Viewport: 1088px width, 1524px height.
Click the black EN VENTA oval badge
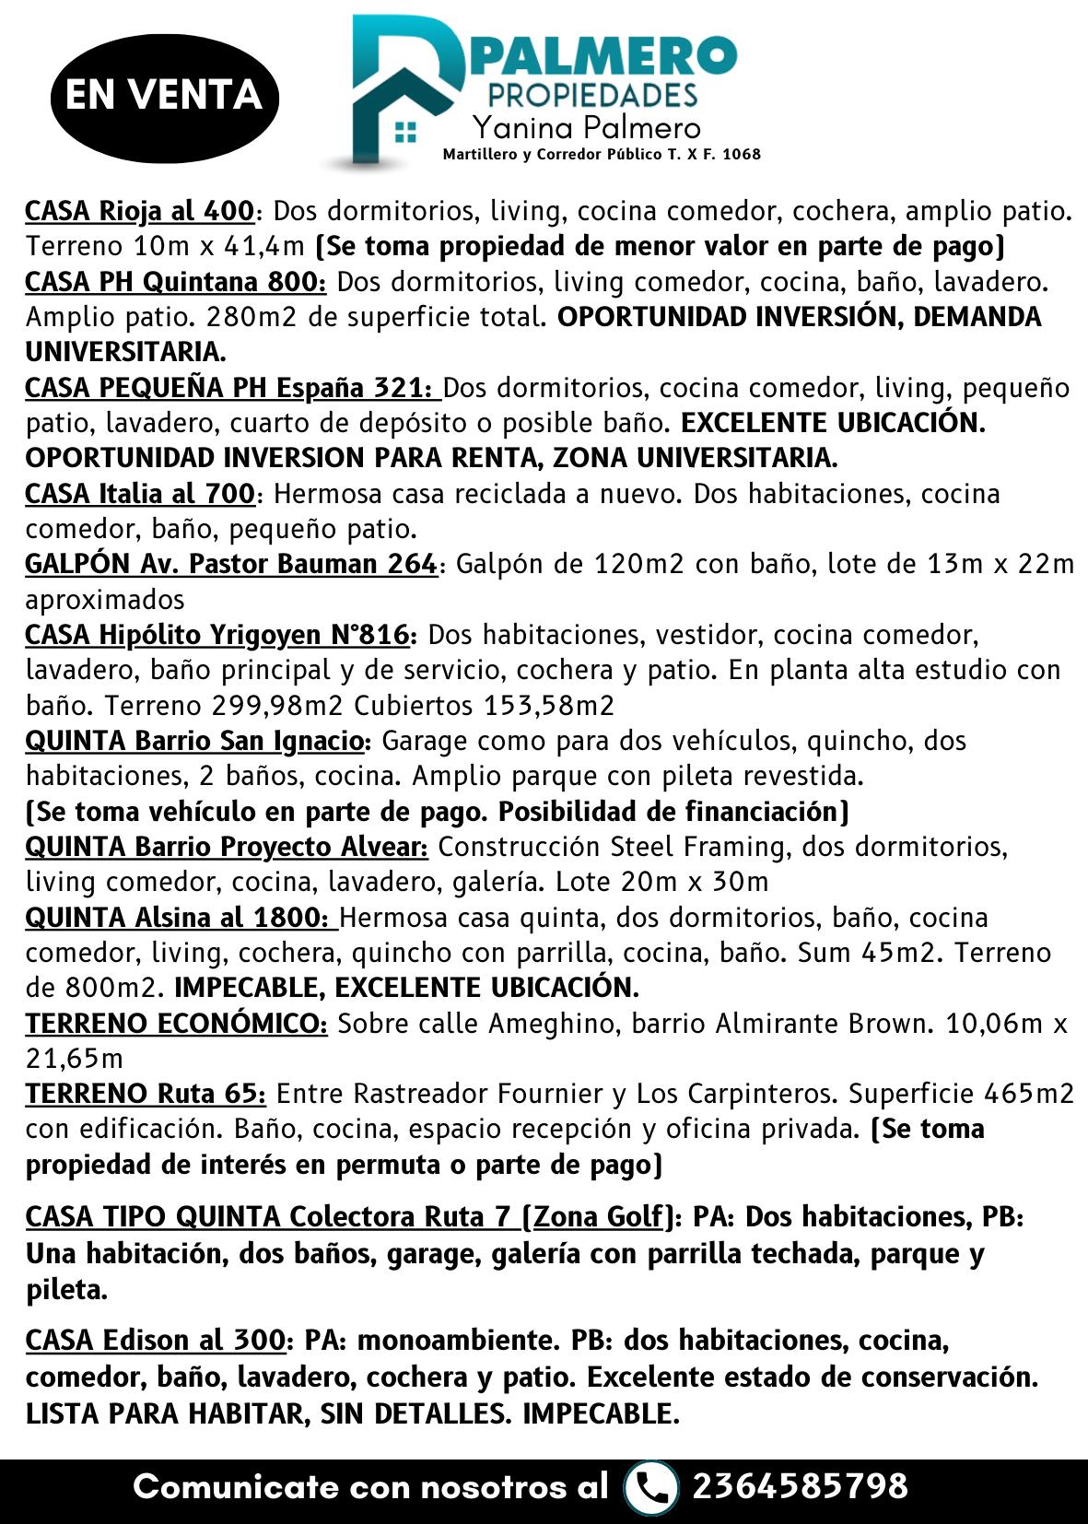point(164,95)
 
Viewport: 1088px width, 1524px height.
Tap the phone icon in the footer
point(650,1486)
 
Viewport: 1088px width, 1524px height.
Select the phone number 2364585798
point(800,1486)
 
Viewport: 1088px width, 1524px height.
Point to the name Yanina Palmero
point(586,127)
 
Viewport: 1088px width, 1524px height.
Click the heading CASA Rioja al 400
point(139,211)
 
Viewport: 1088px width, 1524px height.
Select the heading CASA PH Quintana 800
point(175,281)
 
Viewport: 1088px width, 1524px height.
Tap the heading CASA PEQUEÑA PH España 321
point(231,388)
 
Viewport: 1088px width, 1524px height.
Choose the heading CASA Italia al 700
point(139,494)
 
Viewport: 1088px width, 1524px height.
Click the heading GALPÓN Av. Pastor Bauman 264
point(230,564)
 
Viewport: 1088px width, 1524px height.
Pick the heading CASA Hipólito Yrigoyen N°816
point(217,635)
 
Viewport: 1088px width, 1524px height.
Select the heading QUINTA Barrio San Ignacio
point(194,741)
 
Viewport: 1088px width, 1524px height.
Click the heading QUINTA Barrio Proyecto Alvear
point(226,847)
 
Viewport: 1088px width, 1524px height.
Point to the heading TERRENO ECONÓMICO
point(175,1024)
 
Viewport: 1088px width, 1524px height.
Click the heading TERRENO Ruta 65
point(146,1094)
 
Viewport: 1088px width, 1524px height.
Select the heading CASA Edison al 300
point(155,1340)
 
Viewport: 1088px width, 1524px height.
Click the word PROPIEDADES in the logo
point(591,95)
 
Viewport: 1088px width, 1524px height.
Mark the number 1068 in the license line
point(742,154)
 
